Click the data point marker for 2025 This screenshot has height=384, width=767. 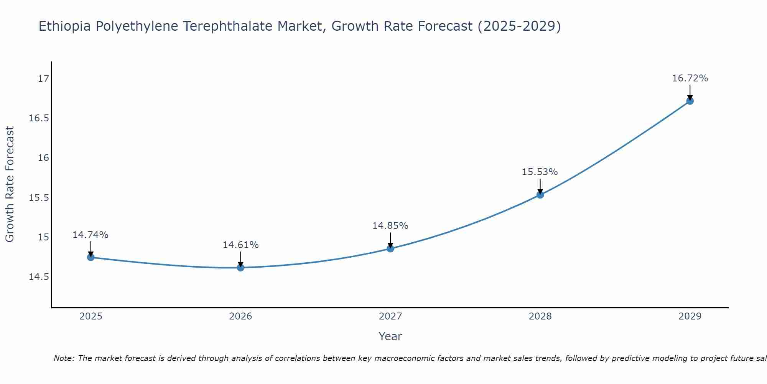(91, 257)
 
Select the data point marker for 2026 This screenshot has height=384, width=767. (240, 268)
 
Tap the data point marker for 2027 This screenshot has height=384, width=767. (390, 248)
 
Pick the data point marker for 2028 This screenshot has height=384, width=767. (540, 195)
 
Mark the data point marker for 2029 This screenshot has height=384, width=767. (690, 101)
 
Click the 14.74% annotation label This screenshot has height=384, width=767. (91, 235)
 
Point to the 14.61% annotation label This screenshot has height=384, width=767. (240, 245)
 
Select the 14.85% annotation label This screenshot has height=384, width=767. (390, 226)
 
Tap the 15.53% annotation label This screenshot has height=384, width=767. (540, 172)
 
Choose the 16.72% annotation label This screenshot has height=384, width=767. (690, 78)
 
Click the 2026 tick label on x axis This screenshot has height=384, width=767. (240, 316)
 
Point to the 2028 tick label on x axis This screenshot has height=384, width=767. (540, 316)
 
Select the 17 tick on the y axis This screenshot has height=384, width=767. (44, 79)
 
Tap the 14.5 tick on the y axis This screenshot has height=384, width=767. (39, 277)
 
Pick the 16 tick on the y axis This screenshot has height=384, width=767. (44, 158)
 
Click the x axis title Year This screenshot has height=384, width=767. (390, 336)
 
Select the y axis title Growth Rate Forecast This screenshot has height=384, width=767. (10, 184)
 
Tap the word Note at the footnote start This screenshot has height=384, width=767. (64, 358)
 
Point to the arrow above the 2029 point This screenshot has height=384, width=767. (690, 92)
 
